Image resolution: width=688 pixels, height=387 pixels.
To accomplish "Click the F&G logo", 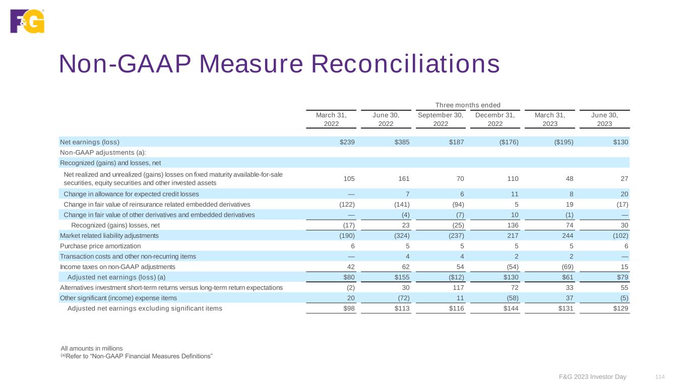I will tap(27, 21).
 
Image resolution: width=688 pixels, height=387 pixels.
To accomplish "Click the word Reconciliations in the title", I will tap(405, 64).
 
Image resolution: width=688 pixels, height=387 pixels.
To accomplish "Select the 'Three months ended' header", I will tap(468, 105).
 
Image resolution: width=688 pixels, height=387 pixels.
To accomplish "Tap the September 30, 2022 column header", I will tap(441, 119).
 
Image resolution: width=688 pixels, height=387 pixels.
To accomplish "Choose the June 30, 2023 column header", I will tap(605, 119).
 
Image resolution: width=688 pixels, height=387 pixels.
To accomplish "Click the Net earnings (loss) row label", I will tap(90, 142).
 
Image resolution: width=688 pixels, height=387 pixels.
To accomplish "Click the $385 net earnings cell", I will tap(401, 142).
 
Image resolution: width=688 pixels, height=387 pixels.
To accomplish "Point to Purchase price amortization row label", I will tap(100, 246).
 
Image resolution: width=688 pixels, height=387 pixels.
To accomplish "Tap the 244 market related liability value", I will tap(567, 235).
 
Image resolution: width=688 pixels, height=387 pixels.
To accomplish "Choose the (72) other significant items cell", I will tap(402, 298).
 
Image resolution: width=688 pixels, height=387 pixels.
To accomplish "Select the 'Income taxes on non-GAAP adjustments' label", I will tap(117, 267).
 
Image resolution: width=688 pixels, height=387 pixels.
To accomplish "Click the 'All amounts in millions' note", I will tap(92, 348).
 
